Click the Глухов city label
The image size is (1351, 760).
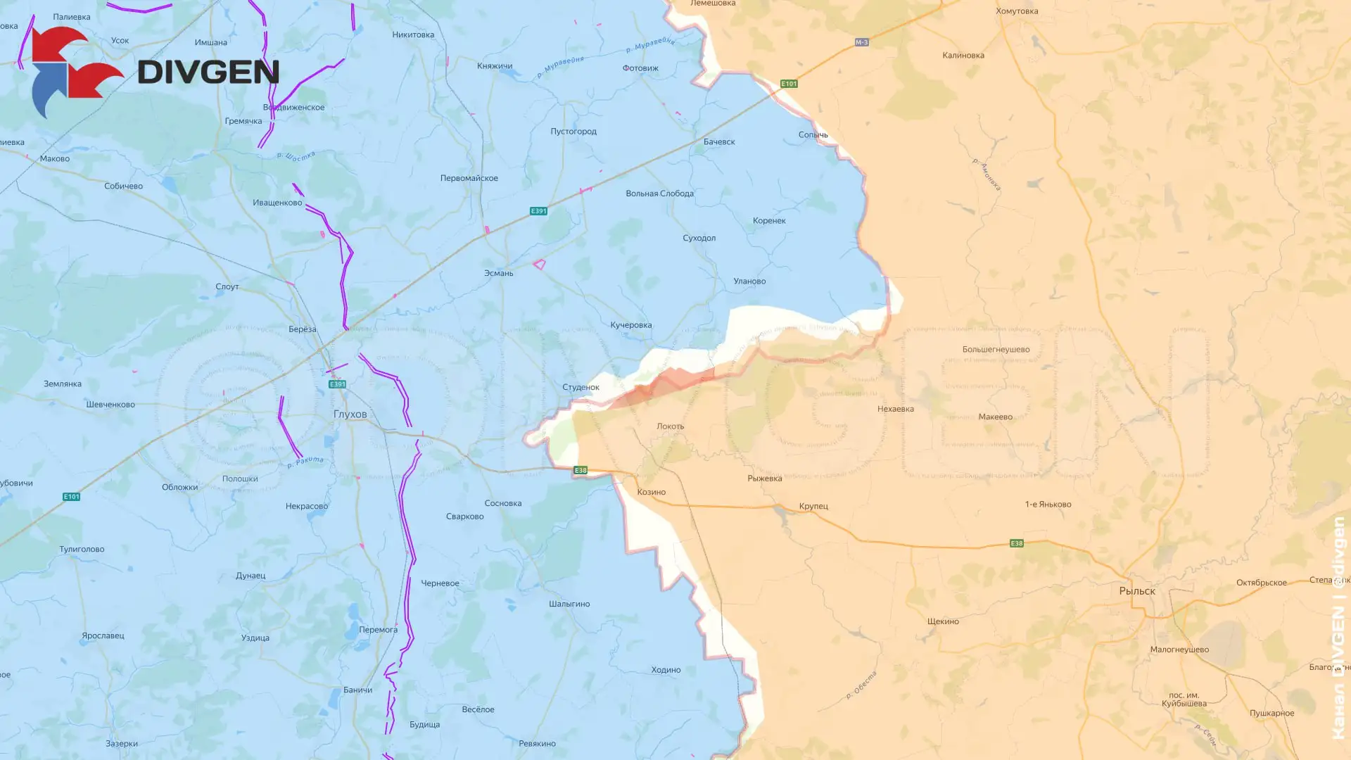point(350,414)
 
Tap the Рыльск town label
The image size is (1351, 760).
point(1137,591)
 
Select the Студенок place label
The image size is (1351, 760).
point(581,387)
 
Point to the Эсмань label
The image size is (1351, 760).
point(498,273)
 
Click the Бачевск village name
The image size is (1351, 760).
point(718,141)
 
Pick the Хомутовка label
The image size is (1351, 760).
point(1017,11)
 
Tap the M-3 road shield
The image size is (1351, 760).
point(861,42)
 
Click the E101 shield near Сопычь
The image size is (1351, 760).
point(789,84)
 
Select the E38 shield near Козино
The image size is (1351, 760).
point(580,470)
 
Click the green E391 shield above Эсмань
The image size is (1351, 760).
point(538,211)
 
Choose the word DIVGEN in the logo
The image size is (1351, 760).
point(208,72)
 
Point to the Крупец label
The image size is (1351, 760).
point(813,506)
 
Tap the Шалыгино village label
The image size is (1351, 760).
point(569,604)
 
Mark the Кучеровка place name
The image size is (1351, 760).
point(630,325)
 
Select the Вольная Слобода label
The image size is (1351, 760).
point(659,194)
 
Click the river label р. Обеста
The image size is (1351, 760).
point(861,685)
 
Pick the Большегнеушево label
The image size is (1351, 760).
point(996,350)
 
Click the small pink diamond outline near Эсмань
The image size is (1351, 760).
point(539,265)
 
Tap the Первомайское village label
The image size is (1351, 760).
point(469,178)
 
